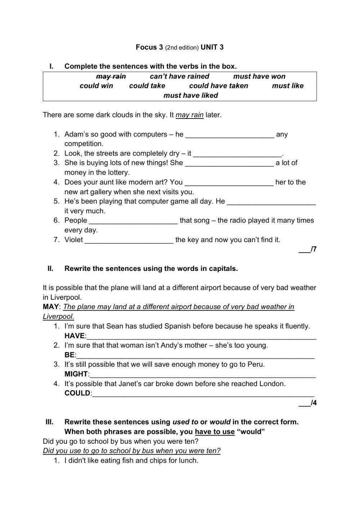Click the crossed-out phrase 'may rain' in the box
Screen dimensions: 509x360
111,76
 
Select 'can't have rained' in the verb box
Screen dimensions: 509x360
179,76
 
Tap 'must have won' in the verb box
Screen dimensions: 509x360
259,76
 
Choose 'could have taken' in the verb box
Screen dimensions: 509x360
219,86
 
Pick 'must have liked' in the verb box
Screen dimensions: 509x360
191,95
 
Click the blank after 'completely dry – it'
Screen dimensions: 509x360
237,155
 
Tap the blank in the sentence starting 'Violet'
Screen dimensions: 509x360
129,241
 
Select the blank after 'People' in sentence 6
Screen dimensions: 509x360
133,222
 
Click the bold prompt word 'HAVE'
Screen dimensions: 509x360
75,336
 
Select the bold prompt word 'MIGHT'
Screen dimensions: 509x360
76,374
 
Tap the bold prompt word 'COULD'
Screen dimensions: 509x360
77,393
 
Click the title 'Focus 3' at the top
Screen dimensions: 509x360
149,47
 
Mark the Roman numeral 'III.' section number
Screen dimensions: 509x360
49,422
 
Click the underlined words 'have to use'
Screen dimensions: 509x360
215,432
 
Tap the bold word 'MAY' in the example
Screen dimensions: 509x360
50,307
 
